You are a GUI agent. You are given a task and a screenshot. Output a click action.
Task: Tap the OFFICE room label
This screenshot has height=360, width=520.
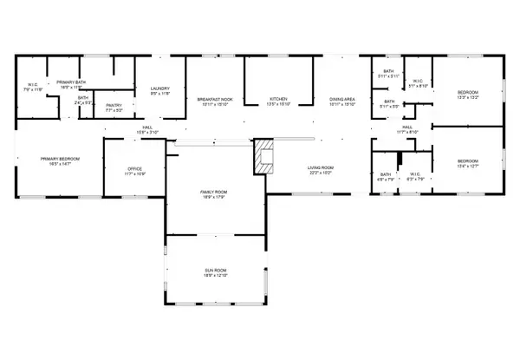[133, 168]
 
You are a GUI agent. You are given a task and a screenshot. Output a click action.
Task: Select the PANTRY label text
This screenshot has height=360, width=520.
[114, 105]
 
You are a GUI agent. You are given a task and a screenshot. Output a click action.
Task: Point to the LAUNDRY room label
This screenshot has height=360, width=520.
[159, 88]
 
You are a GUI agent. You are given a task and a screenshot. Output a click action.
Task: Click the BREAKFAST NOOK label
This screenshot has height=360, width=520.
[214, 99]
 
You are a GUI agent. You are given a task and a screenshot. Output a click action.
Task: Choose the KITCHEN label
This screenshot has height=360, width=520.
[278, 99]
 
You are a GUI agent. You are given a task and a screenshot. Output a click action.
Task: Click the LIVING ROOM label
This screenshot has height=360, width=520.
[322, 168]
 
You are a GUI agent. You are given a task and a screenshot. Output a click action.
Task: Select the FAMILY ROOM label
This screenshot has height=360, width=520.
[213, 192]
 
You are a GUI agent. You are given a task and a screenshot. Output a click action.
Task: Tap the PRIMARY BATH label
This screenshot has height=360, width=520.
[69, 82]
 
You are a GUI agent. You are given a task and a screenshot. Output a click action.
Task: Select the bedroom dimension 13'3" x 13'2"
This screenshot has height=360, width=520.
[467, 98]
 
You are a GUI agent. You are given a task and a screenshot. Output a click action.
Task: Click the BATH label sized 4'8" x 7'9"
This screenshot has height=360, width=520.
[386, 175]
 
